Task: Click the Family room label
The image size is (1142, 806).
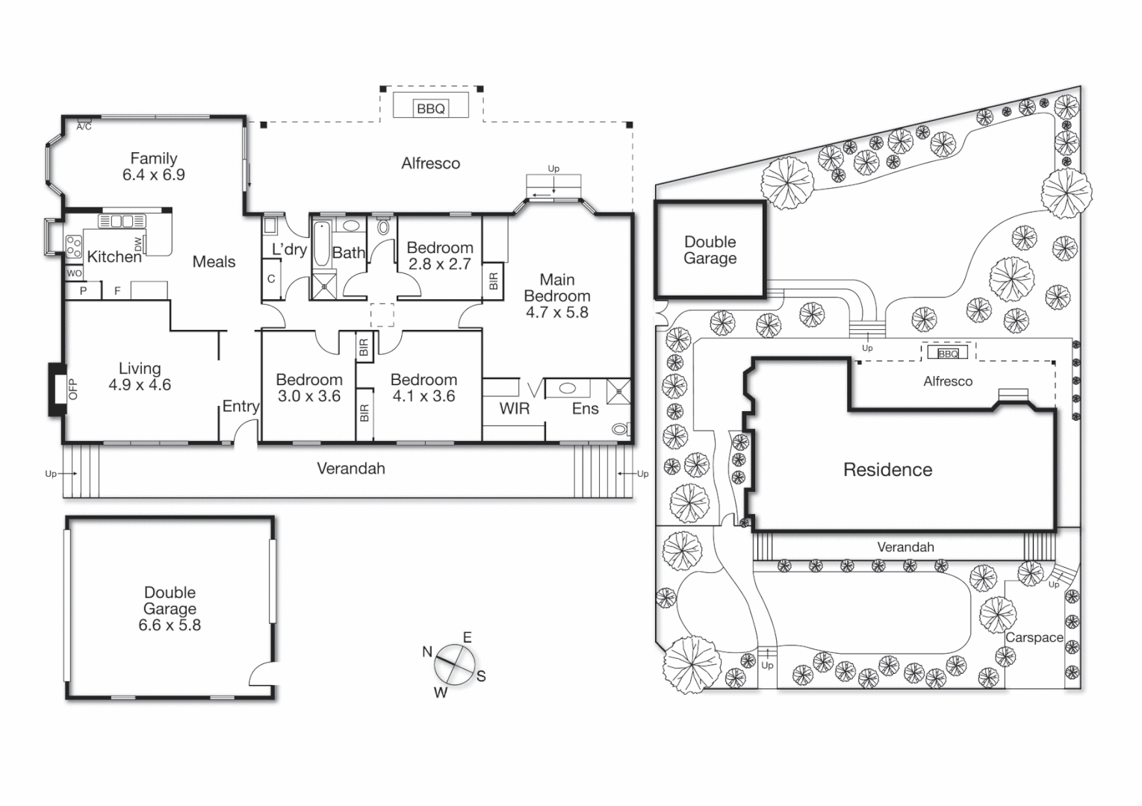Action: tap(153, 158)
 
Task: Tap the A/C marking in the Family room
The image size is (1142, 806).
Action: tap(84, 127)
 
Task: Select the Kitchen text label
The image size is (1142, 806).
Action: tap(114, 257)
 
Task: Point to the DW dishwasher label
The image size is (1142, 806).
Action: tap(138, 244)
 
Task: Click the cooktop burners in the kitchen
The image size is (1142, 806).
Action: tap(73, 246)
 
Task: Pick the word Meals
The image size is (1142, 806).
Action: tap(214, 262)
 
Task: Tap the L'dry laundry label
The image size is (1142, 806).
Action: tap(288, 249)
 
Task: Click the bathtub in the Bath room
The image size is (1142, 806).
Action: tap(322, 244)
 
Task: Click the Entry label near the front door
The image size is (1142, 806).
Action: tap(240, 407)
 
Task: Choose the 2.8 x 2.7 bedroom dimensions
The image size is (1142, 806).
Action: tap(439, 264)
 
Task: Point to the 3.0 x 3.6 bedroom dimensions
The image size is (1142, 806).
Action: tap(308, 396)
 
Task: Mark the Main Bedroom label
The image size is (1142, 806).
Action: tap(557, 288)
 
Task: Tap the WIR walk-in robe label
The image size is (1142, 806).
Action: tap(514, 408)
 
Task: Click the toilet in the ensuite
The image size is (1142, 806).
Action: tap(620, 429)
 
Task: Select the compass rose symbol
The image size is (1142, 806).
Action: tap(455, 664)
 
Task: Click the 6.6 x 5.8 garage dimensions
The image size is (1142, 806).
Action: tap(170, 625)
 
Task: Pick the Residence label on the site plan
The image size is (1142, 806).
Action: tap(887, 470)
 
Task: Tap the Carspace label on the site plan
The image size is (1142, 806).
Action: tap(1034, 637)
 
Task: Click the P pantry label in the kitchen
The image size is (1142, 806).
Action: tap(83, 291)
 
